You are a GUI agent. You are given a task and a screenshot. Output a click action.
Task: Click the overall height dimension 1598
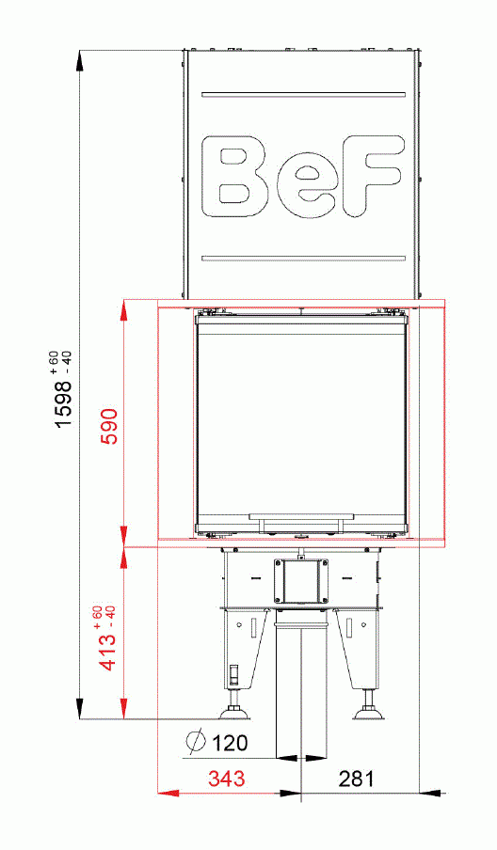[63, 401]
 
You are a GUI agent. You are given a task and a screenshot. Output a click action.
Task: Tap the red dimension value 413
[108, 651]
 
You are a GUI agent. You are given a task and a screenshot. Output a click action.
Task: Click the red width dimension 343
[228, 779]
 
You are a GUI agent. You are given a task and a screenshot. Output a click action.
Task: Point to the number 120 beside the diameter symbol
[230, 744]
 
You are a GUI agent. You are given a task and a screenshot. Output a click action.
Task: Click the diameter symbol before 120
[195, 743]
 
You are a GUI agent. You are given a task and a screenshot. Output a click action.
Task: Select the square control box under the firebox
[301, 581]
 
